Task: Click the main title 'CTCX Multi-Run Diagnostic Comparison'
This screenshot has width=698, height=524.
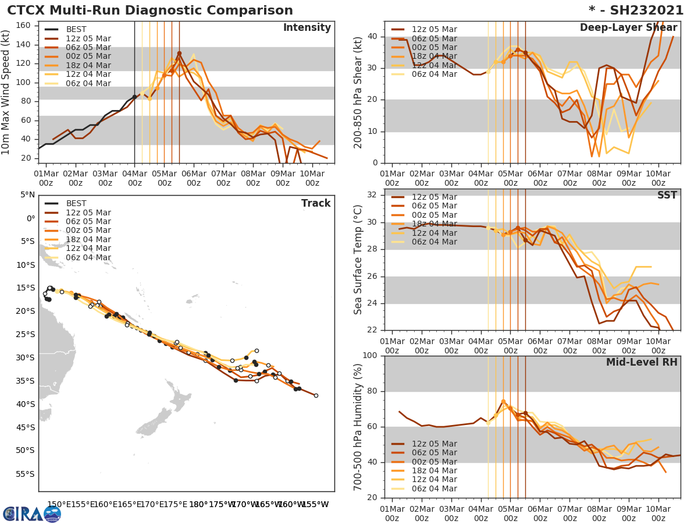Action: (x=150, y=10)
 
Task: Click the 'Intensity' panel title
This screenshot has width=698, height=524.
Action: (x=307, y=28)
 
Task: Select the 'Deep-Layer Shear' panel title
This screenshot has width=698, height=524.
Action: (x=628, y=28)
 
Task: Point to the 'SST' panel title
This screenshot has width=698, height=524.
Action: (x=667, y=196)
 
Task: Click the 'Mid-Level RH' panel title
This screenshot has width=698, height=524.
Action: (x=642, y=363)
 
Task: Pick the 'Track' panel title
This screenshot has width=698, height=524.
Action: (x=316, y=204)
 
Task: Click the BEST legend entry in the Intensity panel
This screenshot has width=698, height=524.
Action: (x=76, y=30)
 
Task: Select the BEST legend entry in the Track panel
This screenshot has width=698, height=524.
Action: (x=76, y=204)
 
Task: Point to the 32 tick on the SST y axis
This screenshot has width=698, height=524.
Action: (x=373, y=195)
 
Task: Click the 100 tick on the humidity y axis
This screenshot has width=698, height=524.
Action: (x=370, y=356)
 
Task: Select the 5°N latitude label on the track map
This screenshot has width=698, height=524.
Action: (x=27, y=195)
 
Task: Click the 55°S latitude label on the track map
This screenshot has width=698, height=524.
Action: (x=25, y=474)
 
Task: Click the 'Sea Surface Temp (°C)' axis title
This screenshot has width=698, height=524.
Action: (x=359, y=260)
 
